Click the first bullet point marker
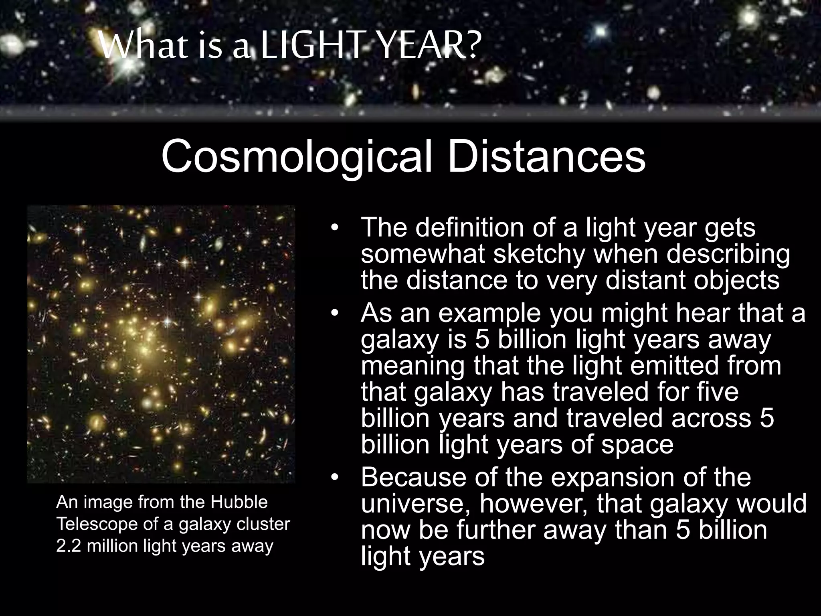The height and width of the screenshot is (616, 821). (x=335, y=228)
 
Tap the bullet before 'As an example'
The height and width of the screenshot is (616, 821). (x=335, y=313)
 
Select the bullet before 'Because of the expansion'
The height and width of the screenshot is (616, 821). (x=335, y=478)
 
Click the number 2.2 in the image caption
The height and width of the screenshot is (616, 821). (x=69, y=546)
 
